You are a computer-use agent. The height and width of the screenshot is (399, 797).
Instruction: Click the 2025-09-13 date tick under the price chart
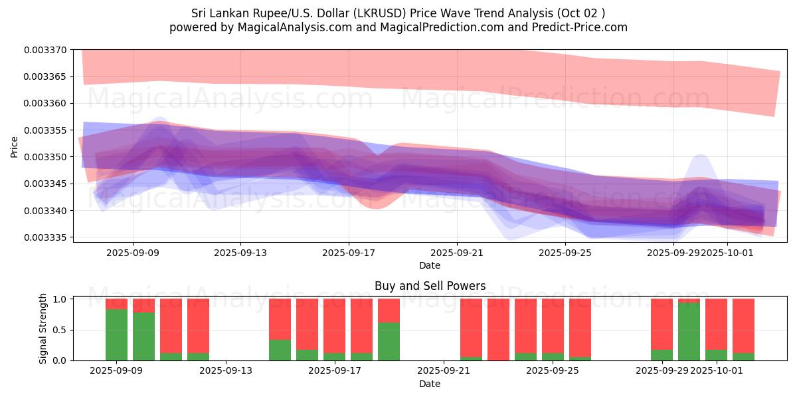240,253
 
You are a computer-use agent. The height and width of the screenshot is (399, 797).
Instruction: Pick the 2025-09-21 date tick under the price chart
457,253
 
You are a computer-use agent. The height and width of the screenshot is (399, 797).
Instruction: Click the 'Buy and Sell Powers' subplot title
430,287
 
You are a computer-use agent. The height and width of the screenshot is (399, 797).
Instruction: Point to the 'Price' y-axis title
15,146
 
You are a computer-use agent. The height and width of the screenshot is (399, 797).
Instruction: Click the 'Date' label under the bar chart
430,384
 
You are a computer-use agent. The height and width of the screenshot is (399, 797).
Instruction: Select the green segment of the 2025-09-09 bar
117,334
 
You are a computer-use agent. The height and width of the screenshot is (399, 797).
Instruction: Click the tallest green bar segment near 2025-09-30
689,331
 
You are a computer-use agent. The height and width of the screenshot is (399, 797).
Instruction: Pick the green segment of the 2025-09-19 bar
389,341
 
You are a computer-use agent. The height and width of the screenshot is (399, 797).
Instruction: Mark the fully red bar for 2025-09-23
498,329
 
